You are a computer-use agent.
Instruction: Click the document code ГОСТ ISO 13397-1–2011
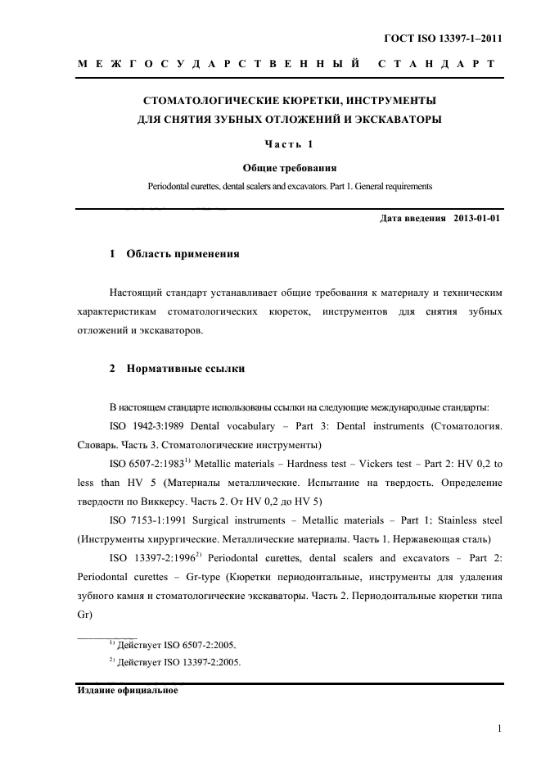[443, 39]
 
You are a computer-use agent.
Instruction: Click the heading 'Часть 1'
[290, 145]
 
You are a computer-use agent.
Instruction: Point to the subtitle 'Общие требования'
[290, 168]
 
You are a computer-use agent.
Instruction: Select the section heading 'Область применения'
[183, 254]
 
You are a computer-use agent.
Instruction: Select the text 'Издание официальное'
[127, 690]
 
